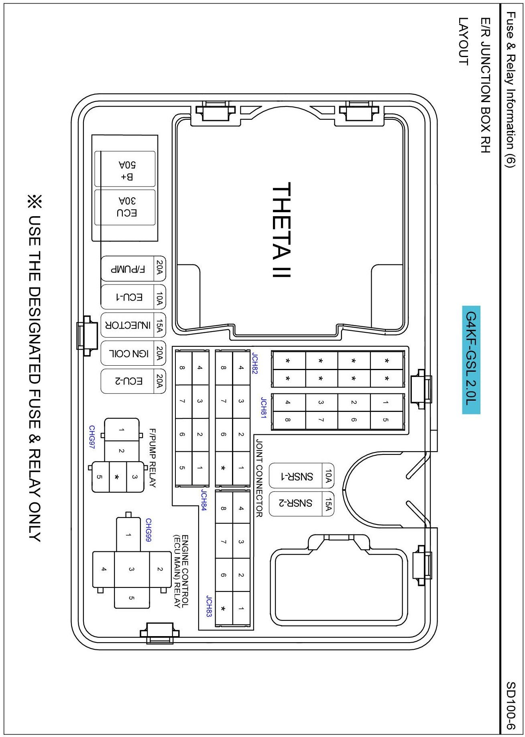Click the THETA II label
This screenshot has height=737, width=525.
[281, 230]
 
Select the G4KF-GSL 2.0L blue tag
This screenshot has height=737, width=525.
[471, 360]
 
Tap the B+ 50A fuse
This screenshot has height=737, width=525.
[125, 169]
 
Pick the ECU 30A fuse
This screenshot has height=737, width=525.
[125, 207]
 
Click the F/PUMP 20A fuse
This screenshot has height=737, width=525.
[133, 268]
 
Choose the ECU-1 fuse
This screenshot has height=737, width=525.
[133, 297]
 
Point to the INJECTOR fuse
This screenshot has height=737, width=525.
[133, 325]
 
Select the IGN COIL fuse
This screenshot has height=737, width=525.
[133, 353]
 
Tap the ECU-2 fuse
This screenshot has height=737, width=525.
[133, 381]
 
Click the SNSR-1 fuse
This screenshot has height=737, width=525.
[301, 476]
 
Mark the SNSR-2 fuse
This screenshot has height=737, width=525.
[301, 504]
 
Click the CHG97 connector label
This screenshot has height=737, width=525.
[92, 437]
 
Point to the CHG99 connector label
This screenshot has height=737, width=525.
[148, 530]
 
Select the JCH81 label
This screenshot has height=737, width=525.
[263, 408]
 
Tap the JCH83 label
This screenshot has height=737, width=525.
[209, 606]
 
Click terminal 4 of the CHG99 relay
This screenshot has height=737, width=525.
[104, 569]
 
